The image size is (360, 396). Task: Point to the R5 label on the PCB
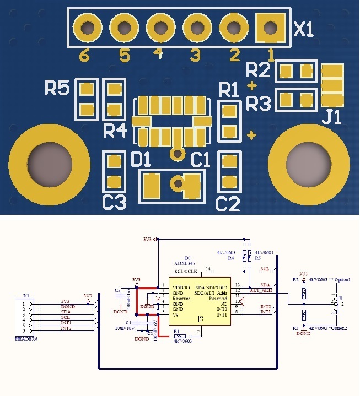click(57, 88)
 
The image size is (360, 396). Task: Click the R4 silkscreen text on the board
click(115, 131)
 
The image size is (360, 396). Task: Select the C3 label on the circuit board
click(114, 203)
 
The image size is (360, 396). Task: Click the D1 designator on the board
click(141, 160)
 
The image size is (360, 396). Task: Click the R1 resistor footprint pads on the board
click(229, 121)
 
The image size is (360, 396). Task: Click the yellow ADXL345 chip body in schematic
click(200, 303)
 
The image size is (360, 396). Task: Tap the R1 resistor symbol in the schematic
click(180, 336)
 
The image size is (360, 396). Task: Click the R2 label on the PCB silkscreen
click(259, 70)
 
